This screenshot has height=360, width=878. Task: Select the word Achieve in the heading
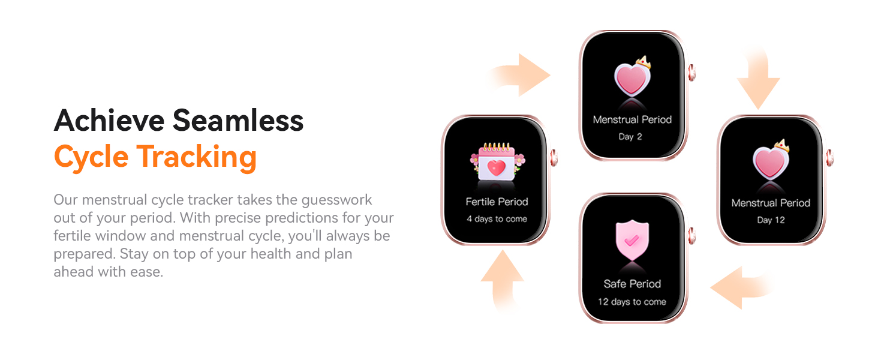[x=109, y=121]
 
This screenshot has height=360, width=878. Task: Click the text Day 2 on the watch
[x=630, y=137]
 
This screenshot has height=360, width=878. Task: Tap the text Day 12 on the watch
[x=771, y=220]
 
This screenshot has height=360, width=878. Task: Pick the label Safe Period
[x=632, y=284]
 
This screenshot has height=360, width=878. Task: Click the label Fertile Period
[x=497, y=202]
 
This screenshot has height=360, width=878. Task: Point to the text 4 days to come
[x=497, y=219]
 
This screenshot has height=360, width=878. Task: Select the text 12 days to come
[x=632, y=302]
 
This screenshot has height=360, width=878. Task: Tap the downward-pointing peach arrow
[x=758, y=84]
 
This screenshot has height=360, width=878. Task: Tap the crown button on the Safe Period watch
[x=691, y=235]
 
